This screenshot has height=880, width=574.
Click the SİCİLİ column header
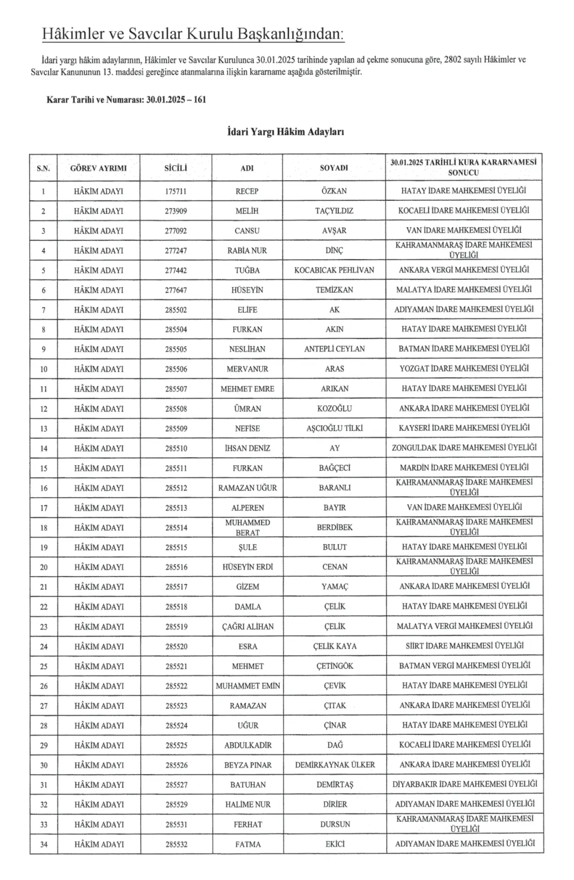pyautogui.click(x=176, y=168)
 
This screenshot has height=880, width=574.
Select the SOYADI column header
pyautogui.click(x=334, y=168)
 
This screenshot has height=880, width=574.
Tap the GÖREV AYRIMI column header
pyautogui.click(x=99, y=168)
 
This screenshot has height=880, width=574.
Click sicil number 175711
pyautogui.click(x=176, y=191)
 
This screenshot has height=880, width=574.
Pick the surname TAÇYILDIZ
pyautogui.click(x=334, y=211)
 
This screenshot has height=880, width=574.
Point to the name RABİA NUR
pyautogui.click(x=247, y=251)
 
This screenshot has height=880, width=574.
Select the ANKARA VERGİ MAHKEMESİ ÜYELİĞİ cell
pyautogui.click(x=464, y=270)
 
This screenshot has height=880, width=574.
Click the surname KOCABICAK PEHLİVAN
pyautogui.click(x=334, y=270)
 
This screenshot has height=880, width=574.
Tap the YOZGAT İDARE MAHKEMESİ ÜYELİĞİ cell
pyautogui.click(x=464, y=368)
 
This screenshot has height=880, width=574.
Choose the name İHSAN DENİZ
pyautogui.click(x=248, y=448)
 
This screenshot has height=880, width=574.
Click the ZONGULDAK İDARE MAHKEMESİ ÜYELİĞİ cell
pyautogui.click(x=464, y=447)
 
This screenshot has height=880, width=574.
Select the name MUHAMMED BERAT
pyautogui.click(x=248, y=528)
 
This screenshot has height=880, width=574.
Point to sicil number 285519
pyautogui.click(x=176, y=627)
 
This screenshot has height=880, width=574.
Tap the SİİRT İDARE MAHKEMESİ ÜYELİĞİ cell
pyautogui.click(x=465, y=646)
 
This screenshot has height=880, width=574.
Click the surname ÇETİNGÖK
pyautogui.click(x=335, y=666)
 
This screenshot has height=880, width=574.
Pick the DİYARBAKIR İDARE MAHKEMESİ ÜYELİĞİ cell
pyautogui.click(x=465, y=784)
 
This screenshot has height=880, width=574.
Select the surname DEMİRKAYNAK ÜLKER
pyautogui.click(x=335, y=765)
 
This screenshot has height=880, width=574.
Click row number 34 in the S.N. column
pyautogui.click(x=44, y=845)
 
